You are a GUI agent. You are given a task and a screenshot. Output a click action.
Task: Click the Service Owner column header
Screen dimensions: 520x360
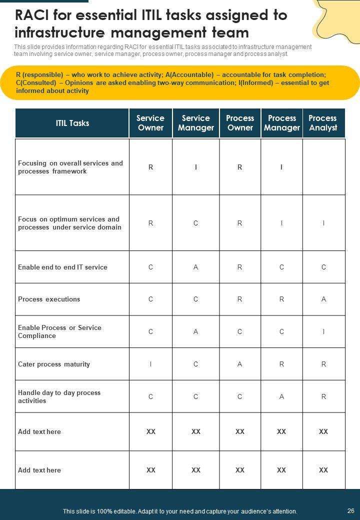coord(150,123)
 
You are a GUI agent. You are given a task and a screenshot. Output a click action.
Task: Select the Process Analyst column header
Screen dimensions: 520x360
coord(323,123)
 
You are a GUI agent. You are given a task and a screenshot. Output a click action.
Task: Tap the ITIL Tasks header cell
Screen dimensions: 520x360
coord(72,123)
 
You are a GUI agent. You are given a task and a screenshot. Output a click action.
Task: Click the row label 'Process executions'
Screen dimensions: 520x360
coord(49,299)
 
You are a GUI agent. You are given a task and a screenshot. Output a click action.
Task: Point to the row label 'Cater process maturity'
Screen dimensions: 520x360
coord(54,364)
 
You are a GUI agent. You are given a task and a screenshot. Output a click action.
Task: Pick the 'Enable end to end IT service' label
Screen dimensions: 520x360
coord(62,267)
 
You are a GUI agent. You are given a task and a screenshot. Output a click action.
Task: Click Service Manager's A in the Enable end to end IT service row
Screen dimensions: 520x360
coord(196,267)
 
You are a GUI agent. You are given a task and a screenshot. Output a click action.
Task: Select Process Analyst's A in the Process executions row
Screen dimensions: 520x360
coord(323,299)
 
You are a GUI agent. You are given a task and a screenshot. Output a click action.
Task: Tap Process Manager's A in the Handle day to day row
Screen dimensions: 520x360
coord(281,396)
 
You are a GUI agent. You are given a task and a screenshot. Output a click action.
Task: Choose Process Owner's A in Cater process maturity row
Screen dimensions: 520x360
coord(240,364)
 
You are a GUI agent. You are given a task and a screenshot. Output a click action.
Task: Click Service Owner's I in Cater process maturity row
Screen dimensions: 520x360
coord(150,364)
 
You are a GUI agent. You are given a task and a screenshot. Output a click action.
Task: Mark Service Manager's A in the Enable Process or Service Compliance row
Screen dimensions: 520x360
coord(196,331)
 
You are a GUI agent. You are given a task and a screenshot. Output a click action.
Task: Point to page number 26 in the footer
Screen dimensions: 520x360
coord(350,511)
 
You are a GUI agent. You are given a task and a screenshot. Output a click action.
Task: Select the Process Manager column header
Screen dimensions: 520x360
coord(282,123)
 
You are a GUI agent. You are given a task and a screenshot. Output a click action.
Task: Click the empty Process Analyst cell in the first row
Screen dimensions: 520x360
coord(323,167)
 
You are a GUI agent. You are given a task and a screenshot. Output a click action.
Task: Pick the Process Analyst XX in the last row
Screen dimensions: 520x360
coord(323,470)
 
